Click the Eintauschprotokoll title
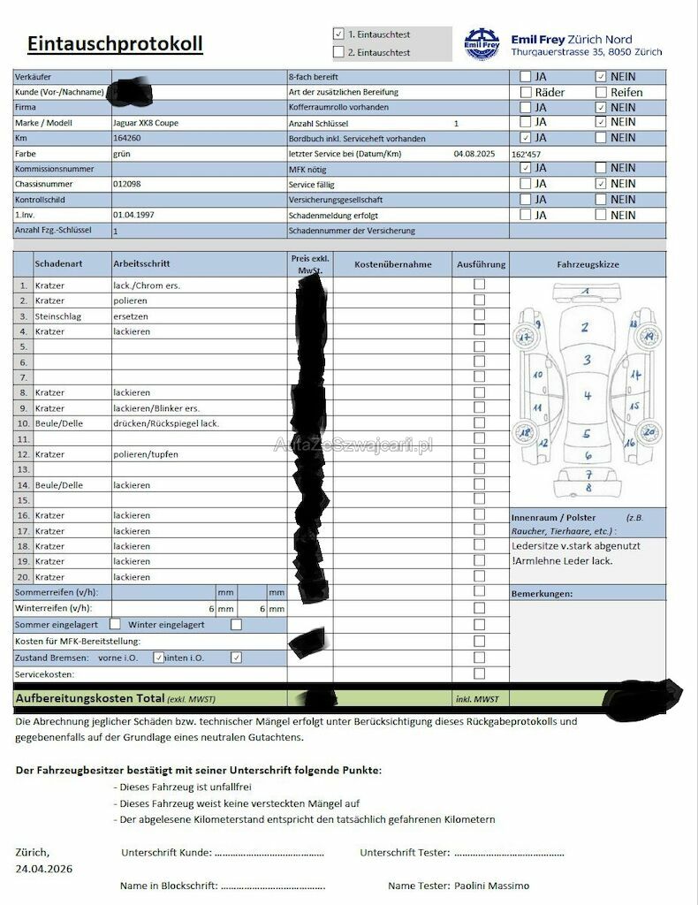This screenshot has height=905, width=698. click(x=115, y=43)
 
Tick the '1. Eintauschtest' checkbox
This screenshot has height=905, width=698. click(x=338, y=34)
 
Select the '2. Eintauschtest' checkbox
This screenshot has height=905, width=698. click(x=338, y=52)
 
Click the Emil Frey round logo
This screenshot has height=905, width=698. click(x=482, y=43)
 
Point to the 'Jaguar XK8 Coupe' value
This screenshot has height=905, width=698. click(x=146, y=123)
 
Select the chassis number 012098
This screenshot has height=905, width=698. click(x=127, y=184)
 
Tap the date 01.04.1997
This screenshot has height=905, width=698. click(x=134, y=215)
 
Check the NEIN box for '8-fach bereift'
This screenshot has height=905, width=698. click(x=602, y=77)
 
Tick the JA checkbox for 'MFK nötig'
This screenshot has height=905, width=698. click(x=526, y=168)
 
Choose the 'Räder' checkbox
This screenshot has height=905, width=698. click(x=526, y=92)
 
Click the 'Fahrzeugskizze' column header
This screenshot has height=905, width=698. click(x=588, y=264)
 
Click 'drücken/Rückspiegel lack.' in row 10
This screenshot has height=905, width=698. click(x=166, y=423)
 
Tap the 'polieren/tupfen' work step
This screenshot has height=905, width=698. click(x=146, y=453)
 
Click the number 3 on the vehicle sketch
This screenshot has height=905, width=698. click(x=587, y=361)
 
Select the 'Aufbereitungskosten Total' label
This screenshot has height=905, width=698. click(x=89, y=698)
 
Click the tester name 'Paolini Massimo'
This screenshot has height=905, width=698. click(x=492, y=885)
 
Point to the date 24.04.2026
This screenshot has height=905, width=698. click(x=44, y=869)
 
